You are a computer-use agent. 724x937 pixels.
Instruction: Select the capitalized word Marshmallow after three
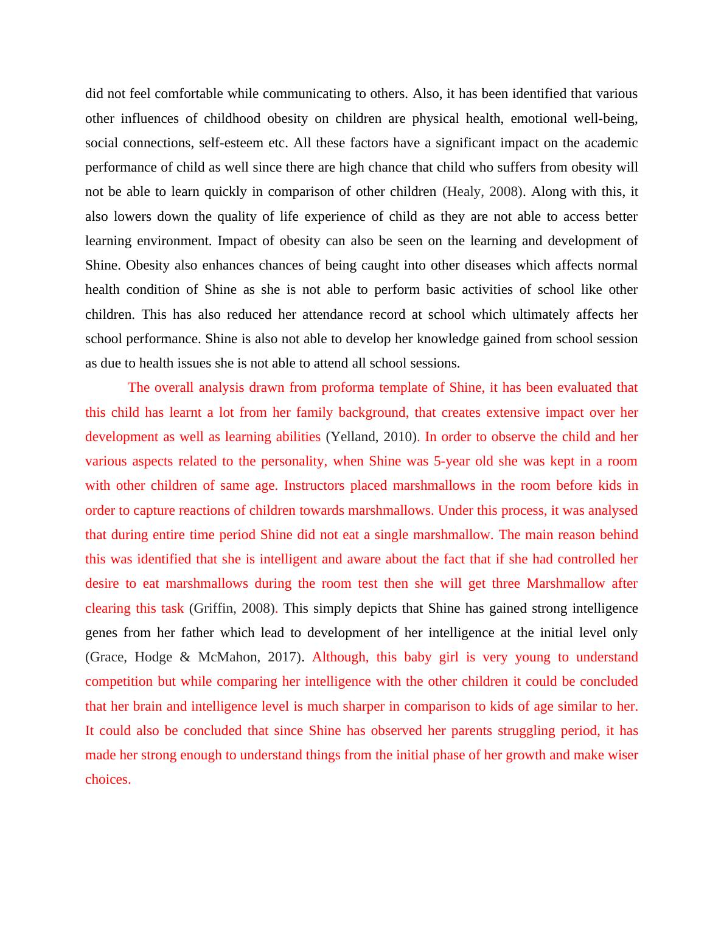click(x=565, y=583)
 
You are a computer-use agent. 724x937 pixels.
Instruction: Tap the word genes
click(x=101, y=633)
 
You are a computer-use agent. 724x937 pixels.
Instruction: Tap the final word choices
click(x=107, y=779)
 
